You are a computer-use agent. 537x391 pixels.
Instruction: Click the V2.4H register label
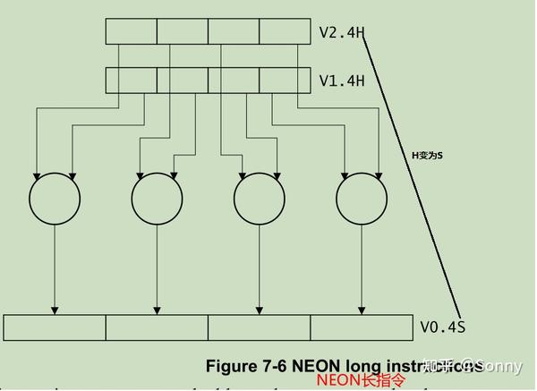342,32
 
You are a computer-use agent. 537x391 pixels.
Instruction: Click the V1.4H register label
342,81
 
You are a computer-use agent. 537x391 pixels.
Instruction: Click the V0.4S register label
443,327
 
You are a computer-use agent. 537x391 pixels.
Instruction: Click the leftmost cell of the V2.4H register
132,31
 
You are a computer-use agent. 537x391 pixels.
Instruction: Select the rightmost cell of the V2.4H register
285,31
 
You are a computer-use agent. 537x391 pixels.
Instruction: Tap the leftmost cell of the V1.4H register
132,80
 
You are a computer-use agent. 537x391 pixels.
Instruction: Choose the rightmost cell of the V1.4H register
285,80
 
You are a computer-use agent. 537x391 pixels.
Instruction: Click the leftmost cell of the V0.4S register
55,327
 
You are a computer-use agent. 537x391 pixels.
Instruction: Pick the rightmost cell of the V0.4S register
361,327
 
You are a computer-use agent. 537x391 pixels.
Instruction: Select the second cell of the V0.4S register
157,327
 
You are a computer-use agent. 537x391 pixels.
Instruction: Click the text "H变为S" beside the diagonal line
427,155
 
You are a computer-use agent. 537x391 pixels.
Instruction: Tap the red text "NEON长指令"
360,381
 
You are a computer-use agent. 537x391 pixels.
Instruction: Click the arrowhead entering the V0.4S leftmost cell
55,310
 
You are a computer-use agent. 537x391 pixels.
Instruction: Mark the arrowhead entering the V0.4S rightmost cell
362,310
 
